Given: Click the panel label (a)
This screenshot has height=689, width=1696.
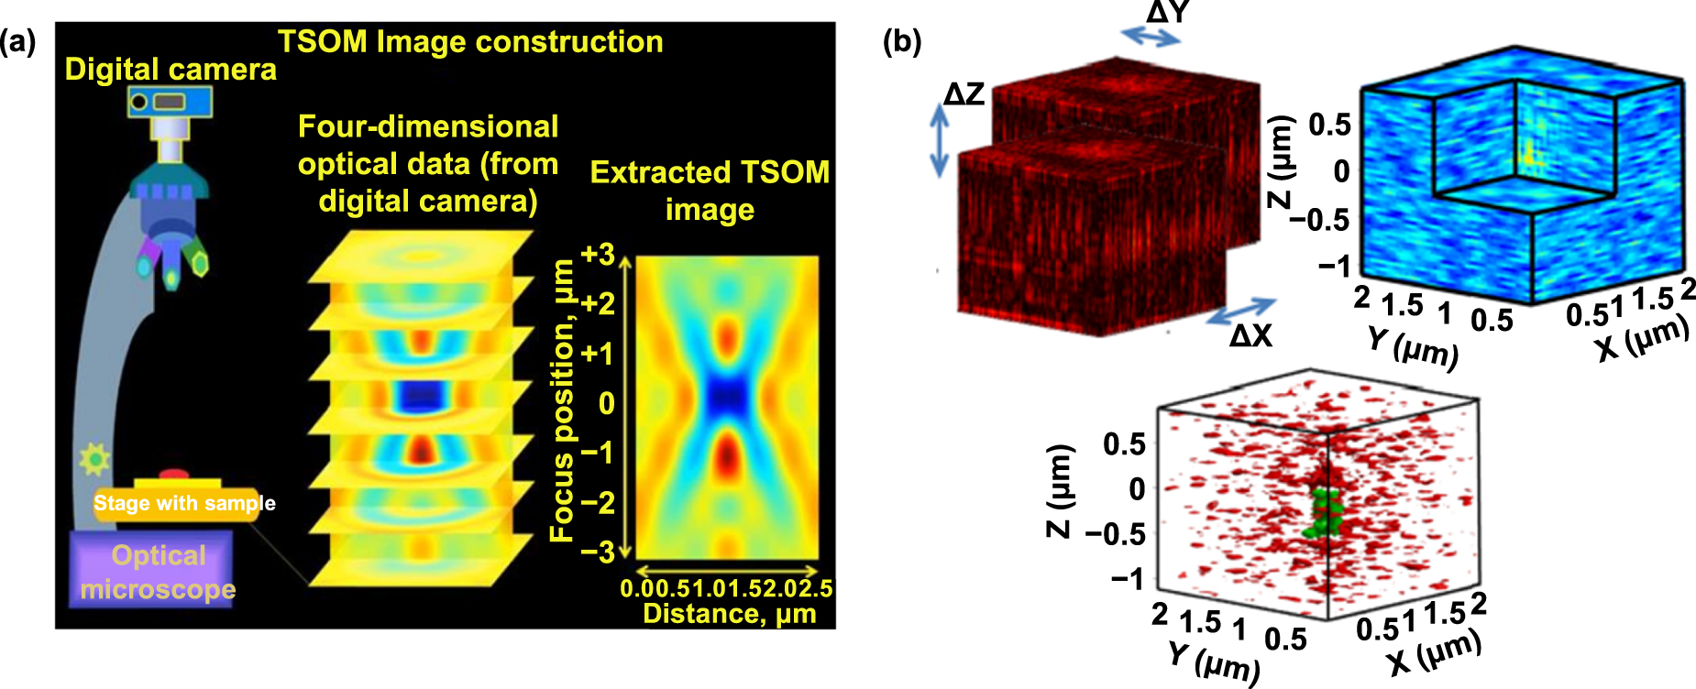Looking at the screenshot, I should pyautogui.click(x=18, y=42).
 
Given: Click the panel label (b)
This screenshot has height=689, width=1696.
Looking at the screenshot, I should pyautogui.click(x=901, y=42).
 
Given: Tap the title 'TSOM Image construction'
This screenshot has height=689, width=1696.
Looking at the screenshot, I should pyautogui.click(x=470, y=42).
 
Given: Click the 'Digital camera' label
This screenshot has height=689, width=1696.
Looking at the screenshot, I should pyautogui.click(x=171, y=70).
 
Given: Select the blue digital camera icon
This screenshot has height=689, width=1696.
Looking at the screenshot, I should pyautogui.click(x=171, y=101).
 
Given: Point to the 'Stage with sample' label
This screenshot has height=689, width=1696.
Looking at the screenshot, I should pyautogui.click(x=184, y=503).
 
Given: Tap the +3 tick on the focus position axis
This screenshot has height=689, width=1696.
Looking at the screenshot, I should pyautogui.click(x=598, y=254).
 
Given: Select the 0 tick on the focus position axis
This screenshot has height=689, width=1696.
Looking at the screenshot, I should pyautogui.click(x=606, y=403).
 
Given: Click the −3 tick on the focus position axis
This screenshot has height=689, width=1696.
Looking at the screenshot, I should pyautogui.click(x=598, y=552).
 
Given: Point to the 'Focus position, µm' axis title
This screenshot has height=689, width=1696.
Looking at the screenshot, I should pyautogui.click(x=561, y=400).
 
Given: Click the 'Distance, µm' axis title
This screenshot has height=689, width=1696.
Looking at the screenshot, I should pyautogui.click(x=729, y=613).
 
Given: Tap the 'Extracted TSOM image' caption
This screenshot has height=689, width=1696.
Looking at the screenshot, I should pyautogui.click(x=710, y=191).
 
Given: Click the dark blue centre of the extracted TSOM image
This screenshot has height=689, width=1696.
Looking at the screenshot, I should pyautogui.click(x=727, y=397).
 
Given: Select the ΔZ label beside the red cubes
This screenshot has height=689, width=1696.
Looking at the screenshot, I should pyautogui.click(x=964, y=93).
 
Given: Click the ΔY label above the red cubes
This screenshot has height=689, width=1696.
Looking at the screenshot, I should pyautogui.click(x=1167, y=13).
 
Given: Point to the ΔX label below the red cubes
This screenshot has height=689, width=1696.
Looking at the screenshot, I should pyautogui.click(x=1250, y=336).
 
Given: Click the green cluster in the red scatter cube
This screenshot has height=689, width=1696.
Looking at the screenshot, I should pyautogui.click(x=1321, y=514).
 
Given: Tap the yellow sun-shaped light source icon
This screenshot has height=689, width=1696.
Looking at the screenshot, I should pyautogui.click(x=94, y=458).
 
